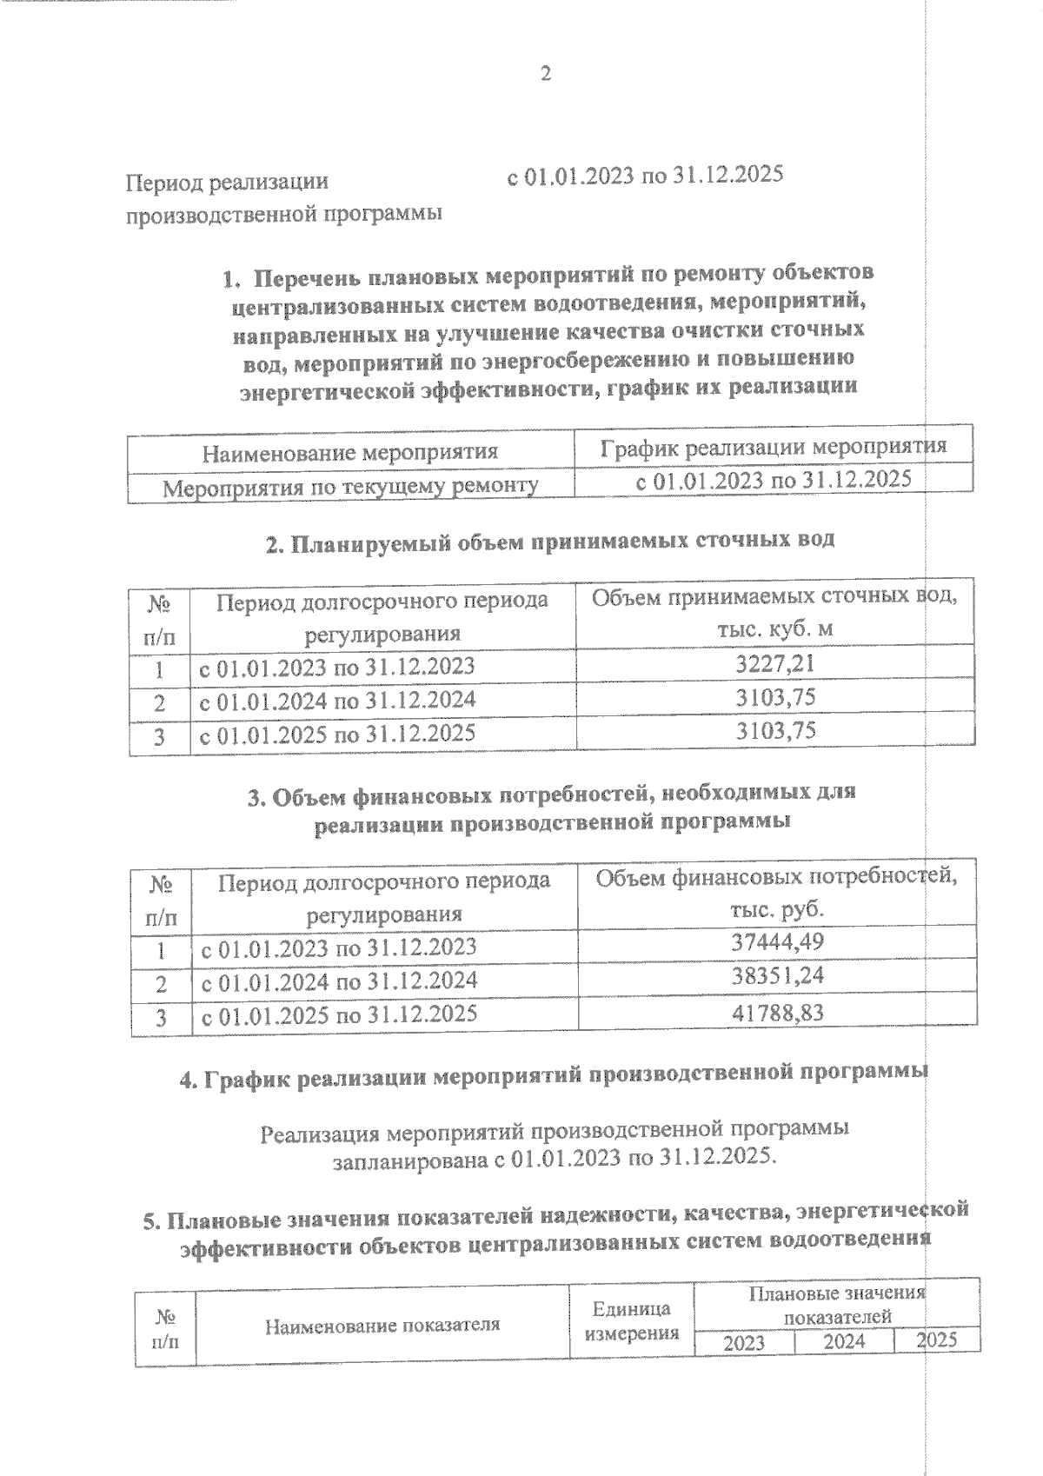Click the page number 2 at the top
tap(546, 75)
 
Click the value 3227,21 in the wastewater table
tap(775, 665)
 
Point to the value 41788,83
tap(777, 1012)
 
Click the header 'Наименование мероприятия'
tap(349, 453)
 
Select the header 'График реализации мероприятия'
tap(773, 448)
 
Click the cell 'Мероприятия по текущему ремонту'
tap(350, 487)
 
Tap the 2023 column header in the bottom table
tap(744, 1343)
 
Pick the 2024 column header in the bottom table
tap(844, 1341)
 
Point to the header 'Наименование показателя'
tap(382, 1326)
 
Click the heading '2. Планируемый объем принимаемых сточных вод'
tap(549, 542)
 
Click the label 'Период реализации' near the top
tap(228, 183)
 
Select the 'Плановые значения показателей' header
tap(837, 1306)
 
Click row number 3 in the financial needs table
tap(161, 1018)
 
